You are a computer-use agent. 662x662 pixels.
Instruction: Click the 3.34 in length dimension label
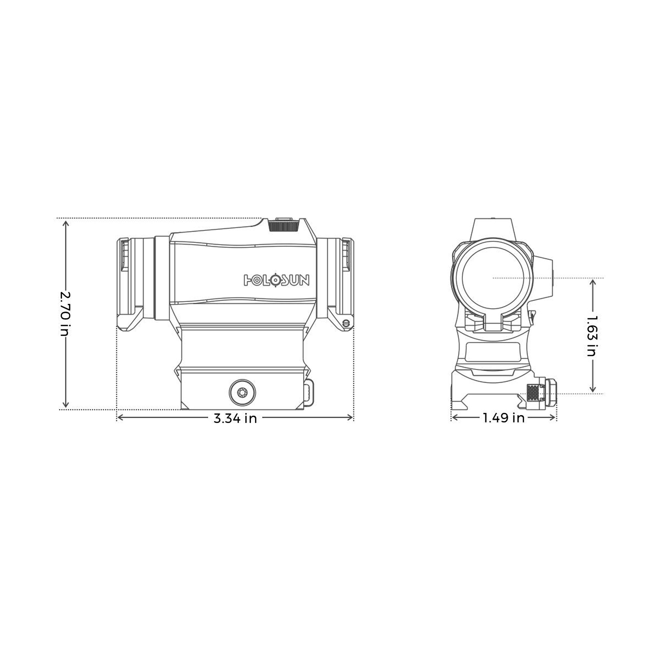click(x=235, y=418)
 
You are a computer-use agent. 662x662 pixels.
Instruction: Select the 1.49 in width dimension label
click(x=504, y=418)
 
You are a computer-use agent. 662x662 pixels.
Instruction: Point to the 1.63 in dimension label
click(x=592, y=336)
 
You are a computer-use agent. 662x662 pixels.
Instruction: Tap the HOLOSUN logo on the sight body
click(x=277, y=280)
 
